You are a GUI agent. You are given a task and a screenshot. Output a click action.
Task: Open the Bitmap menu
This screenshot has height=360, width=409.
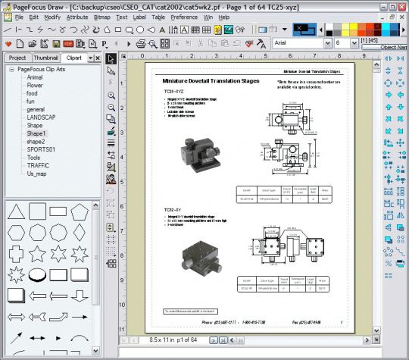[101, 16]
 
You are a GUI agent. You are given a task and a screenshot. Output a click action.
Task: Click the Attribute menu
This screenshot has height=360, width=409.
[76, 16]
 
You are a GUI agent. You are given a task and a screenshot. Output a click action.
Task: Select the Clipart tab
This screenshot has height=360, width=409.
[74, 58]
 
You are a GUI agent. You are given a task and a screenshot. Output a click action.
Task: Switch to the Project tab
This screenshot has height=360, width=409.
[17, 58]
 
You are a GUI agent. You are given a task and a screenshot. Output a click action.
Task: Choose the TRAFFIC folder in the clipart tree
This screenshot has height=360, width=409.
[38, 164]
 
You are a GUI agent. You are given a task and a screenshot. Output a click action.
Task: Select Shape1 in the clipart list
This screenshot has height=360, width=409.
[36, 133]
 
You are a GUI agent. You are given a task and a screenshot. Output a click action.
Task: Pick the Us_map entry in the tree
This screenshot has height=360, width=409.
[37, 173]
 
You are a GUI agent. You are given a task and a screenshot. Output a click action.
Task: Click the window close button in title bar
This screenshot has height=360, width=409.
[401, 5]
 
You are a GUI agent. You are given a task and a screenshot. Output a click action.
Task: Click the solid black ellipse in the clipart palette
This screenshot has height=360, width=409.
[37, 274]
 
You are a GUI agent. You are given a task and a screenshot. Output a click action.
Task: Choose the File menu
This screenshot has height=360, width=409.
[18, 16]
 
